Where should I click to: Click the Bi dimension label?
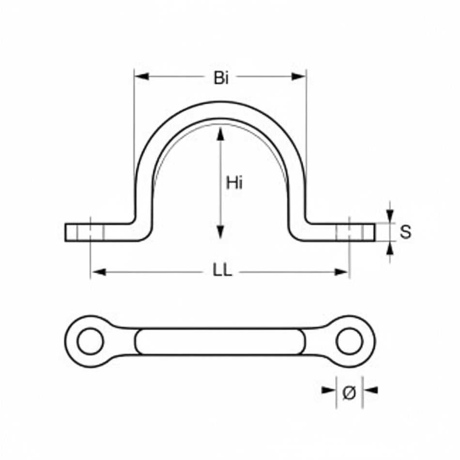tap(221, 78)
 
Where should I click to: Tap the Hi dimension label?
tap(234, 183)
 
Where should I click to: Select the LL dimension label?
tap(222, 271)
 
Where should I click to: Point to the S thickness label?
tap(405, 232)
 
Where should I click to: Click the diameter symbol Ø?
tap(350, 392)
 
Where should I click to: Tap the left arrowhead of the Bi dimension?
tap(142, 77)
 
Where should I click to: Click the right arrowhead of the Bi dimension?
tap(299, 77)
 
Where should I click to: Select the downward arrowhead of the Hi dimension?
tap(220, 232)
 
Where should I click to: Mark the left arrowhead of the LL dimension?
tap(99, 272)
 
